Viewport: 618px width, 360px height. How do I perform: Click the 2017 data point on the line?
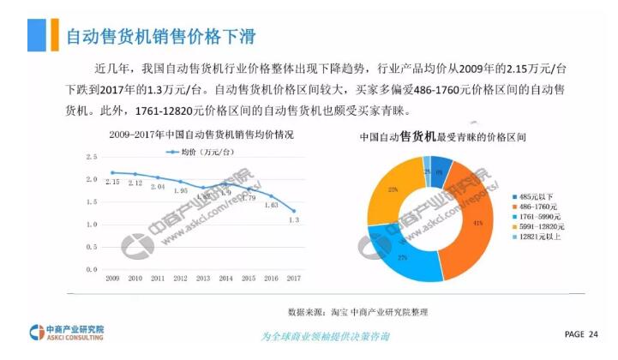294,211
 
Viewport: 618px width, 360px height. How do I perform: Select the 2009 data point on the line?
112,172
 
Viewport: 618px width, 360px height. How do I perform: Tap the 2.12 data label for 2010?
135,183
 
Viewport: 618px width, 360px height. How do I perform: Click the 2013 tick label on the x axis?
203,279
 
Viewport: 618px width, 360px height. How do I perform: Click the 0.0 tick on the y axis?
92,269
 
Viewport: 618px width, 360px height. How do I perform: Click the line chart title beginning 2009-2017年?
201,135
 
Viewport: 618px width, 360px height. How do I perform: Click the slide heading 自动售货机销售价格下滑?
161,36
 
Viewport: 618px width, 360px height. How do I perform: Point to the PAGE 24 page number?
581,333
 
